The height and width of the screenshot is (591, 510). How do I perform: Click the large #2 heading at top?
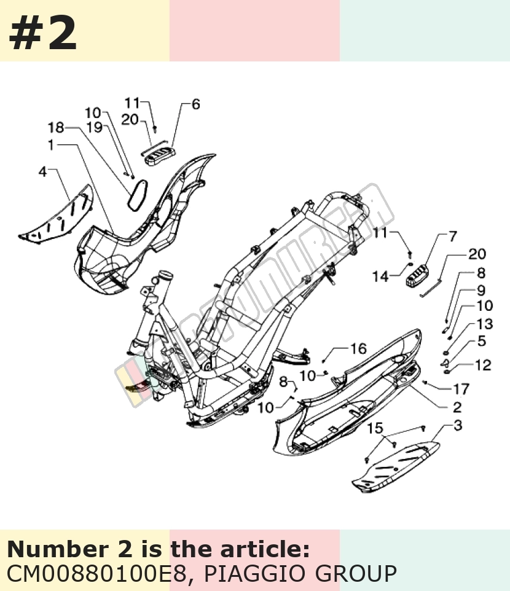[x=42, y=34]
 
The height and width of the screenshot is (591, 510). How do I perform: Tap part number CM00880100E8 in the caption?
[x=97, y=573]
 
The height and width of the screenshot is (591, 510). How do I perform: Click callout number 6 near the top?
[x=195, y=104]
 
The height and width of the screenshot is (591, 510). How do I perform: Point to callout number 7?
[x=453, y=236]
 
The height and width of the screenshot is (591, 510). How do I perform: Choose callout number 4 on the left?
[x=42, y=171]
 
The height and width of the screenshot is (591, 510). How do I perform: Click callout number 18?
[x=56, y=127]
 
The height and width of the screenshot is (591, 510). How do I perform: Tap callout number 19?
[x=95, y=127]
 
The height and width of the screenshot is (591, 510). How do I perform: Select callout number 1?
[x=51, y=145]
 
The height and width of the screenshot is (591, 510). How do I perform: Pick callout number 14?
[x=380, y=276]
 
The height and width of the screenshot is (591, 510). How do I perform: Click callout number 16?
[x=358, y=349]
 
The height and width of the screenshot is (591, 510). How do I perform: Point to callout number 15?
[x=375, y=428]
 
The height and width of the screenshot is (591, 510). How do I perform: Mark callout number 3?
[x=457, y=425]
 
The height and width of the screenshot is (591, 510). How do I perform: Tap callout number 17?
[x=461, y=388]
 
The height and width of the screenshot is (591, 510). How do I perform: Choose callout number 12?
[x=483, y=365]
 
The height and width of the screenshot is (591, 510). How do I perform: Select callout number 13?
[x=485, y=323]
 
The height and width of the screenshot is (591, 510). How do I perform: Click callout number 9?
[x=481, y=290]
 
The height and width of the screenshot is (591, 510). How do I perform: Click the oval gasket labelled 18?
[x=137, y=194]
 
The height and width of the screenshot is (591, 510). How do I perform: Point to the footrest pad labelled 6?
[x=159, y=155]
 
